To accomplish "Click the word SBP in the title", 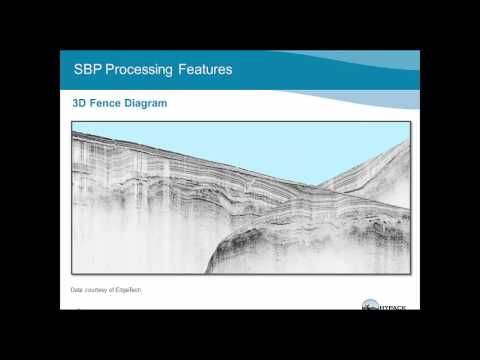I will [90, 70].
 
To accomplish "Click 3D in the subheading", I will [79, 103].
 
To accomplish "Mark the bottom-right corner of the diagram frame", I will [410, 273].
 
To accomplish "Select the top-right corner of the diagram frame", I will [410, 122].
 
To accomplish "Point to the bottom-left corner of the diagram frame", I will [71, 273].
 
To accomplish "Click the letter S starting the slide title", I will [79, 70].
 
